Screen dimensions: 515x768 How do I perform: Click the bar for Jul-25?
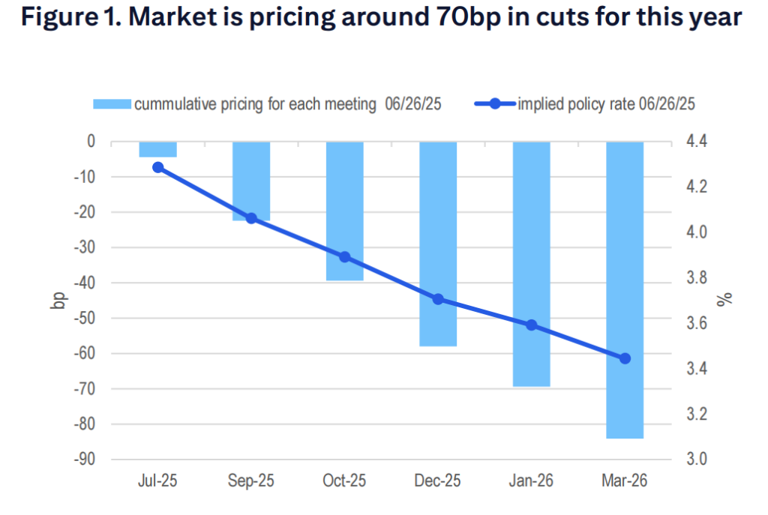click(157, 149)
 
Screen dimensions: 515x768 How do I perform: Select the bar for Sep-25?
click(251, 181)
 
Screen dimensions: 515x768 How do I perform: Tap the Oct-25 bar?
click(344, 211)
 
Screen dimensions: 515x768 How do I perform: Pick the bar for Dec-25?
click(438, 244)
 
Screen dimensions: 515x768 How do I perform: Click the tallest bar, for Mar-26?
click(625, 289)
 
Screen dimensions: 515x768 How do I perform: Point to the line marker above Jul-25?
click(157, 167)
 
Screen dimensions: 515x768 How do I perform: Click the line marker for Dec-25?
click(438, 299)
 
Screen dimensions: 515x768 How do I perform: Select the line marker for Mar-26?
click(625, 358)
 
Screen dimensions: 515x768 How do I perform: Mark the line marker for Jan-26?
click(531, 325)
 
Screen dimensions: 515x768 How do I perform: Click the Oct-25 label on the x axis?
click(344, 481)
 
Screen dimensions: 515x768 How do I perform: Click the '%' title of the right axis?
click(724, 300)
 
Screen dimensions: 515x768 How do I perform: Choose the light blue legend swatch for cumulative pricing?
click(112, 104)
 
